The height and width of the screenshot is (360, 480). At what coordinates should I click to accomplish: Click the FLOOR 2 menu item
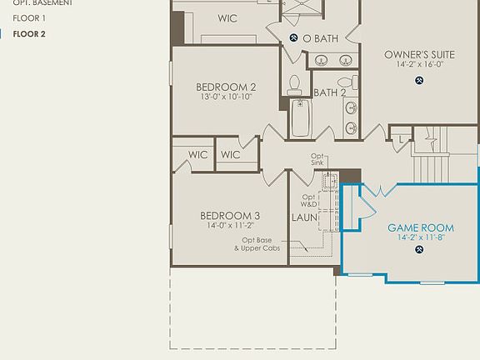29,34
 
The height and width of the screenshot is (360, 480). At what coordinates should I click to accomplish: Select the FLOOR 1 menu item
29,17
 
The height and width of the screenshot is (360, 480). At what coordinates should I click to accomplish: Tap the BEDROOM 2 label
226,87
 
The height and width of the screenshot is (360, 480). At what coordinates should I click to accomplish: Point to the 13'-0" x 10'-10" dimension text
226,97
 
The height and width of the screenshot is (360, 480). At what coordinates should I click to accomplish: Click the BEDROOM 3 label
230,216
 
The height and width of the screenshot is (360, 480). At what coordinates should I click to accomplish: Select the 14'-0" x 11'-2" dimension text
230,225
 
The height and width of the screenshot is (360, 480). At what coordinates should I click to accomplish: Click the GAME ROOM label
421,227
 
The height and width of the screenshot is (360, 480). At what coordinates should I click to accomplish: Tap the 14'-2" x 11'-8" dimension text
421,237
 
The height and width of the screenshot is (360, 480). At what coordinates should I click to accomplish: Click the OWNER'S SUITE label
418,55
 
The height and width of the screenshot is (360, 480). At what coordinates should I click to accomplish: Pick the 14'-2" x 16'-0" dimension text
418,64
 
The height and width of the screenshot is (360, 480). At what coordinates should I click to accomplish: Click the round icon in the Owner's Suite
418,80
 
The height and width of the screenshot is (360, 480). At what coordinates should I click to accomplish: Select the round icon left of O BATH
294,38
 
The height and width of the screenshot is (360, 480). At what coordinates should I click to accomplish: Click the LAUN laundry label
303,217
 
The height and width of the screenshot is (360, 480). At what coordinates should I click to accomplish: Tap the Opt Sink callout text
317,159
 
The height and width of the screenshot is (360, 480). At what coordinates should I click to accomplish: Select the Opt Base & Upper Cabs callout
256,244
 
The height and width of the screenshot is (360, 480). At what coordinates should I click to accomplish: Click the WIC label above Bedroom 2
228,17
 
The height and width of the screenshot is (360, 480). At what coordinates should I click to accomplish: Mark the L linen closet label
402,140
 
